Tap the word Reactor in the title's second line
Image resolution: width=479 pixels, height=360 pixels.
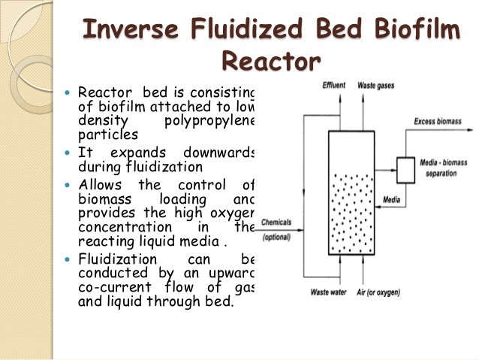271,60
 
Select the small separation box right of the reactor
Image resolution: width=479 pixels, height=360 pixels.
405,171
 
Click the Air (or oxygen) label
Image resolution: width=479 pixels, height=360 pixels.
380,292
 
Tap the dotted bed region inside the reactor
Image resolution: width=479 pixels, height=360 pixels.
353,207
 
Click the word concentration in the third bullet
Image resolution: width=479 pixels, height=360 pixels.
120,225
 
